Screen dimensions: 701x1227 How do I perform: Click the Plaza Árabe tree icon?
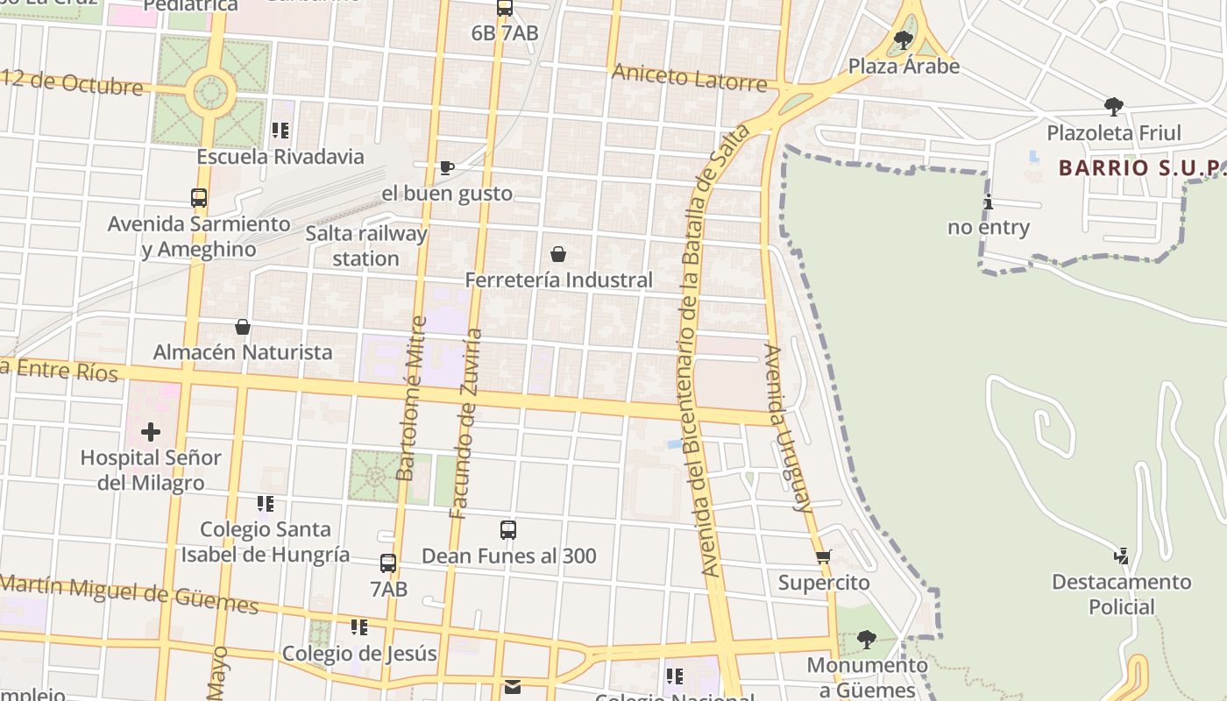point(904,39)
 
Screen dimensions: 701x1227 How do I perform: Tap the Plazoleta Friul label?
point(1114,133)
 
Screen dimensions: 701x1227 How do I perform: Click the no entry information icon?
point(989,202)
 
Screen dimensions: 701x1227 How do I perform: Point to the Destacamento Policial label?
point(1121,594)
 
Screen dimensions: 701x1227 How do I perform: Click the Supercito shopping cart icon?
point(823,556)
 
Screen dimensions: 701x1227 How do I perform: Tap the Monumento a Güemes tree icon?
point(866,640)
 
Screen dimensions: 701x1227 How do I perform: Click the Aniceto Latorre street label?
point(689,77)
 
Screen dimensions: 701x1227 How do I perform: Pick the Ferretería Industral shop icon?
point(557,255)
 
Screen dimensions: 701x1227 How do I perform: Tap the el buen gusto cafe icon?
point(446,167)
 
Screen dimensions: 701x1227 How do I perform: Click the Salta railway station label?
point(365,246)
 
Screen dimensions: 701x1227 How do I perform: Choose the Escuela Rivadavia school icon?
point(280,131)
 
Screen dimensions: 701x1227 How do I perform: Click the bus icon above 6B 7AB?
point(505,9)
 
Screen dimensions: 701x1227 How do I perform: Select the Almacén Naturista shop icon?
point(243,327)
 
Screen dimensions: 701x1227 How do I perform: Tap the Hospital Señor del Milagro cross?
point(151,431)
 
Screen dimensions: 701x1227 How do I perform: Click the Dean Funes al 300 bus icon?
point(508,530)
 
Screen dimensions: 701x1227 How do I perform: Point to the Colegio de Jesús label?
point(359,654)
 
